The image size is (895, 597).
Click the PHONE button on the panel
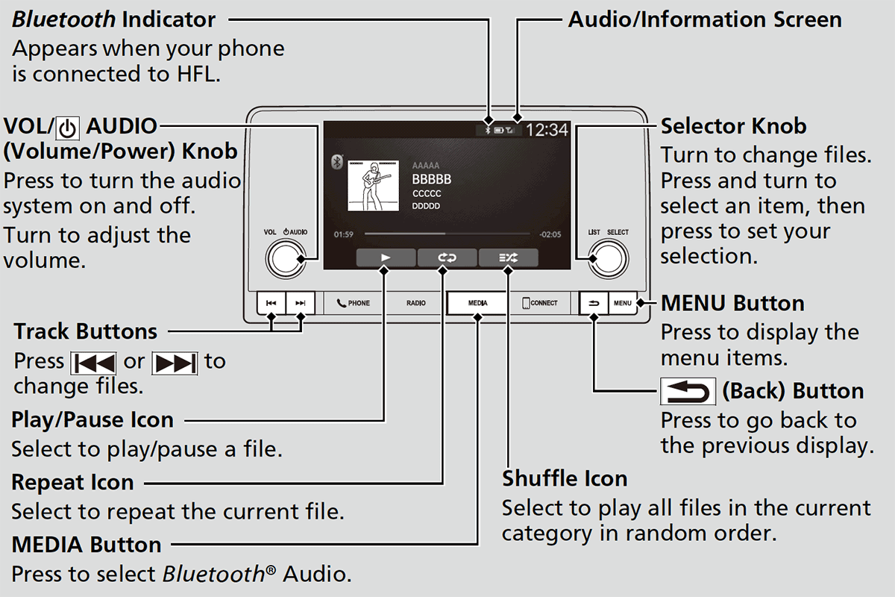click(x=354, y=303)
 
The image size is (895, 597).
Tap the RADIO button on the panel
click(x=416, y=303)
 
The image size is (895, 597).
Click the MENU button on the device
click(x=623, y=303)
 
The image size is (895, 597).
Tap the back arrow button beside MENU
click(x=594, y=303)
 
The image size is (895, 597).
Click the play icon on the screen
click(x=386, y=257)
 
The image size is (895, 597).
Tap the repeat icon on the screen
click(x=447, y=257)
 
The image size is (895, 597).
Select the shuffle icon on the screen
click(x=508, y=257)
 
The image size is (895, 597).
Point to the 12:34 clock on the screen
click(x=547, y=130)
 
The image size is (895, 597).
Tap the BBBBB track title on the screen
click(x=432, y=180)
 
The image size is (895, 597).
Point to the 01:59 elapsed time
click(x=344, y=234)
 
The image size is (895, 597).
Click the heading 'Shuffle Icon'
click(x=565, y=478)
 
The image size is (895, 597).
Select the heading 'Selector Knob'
click(x=733, y=125)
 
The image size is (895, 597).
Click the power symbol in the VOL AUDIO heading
click(x=68, y=128)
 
